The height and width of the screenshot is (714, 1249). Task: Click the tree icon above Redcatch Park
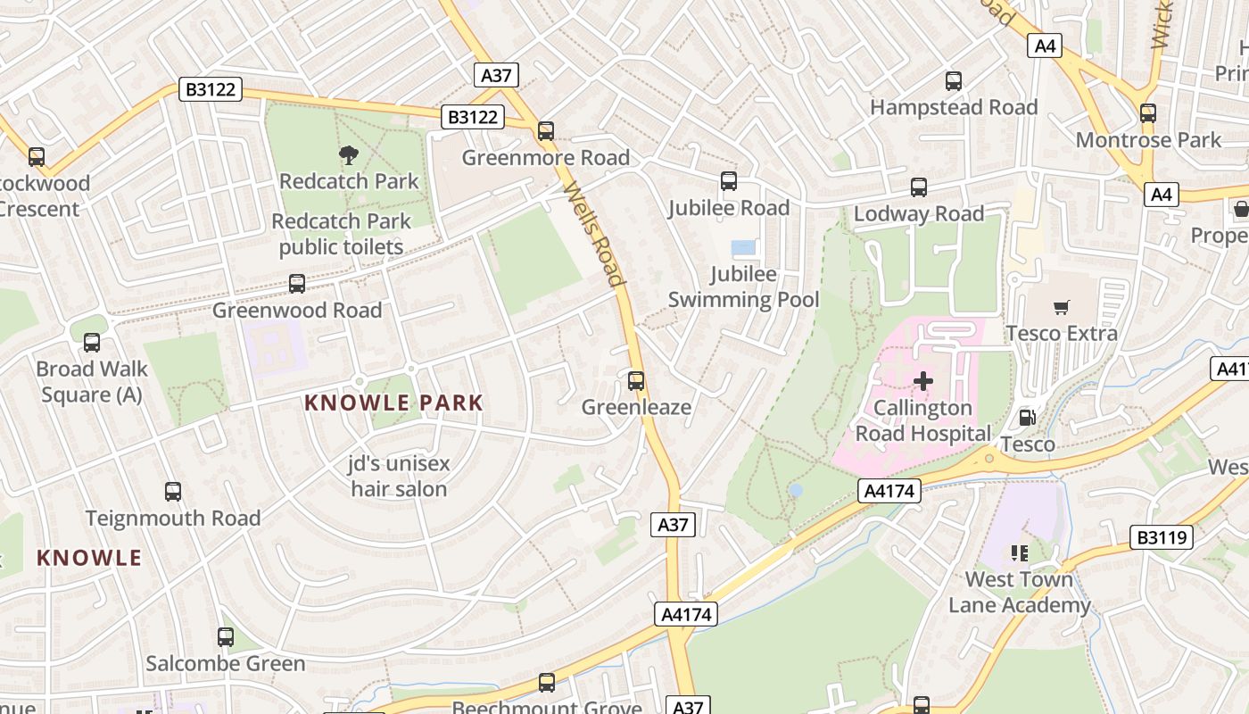click(348, 155)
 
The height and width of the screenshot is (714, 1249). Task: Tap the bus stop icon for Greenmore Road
click(546, 131)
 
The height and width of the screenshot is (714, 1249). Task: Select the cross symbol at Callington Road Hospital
click(923, 382)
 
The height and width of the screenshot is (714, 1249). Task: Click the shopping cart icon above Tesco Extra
click(1061, 308)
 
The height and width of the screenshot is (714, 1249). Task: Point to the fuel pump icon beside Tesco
click(1027, 418)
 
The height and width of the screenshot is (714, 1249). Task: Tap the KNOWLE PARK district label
click(393, 403)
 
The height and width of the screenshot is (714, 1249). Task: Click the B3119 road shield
click(1162, 537)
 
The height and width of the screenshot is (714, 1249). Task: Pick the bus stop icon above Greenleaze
click(636, 381)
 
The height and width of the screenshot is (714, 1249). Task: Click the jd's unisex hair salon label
click(399, 476)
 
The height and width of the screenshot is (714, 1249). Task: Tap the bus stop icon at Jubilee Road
click(729, 181)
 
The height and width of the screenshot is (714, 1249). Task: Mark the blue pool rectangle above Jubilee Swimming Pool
click(743, 247)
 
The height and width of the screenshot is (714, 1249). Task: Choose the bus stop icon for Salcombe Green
click(226, 637)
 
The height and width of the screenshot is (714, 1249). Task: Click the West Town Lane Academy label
click(1019, 592)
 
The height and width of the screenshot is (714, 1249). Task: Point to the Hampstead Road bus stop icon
click(954, 81)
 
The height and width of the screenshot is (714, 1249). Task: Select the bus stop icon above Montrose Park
click(1148, 113)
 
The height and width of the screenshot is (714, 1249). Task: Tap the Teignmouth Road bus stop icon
click(173, 492)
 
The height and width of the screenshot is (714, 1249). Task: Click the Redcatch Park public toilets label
click(342, 234)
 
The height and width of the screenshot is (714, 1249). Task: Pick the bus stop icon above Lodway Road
click(919, 187)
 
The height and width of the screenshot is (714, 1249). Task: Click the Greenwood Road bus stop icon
click(297, 284)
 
